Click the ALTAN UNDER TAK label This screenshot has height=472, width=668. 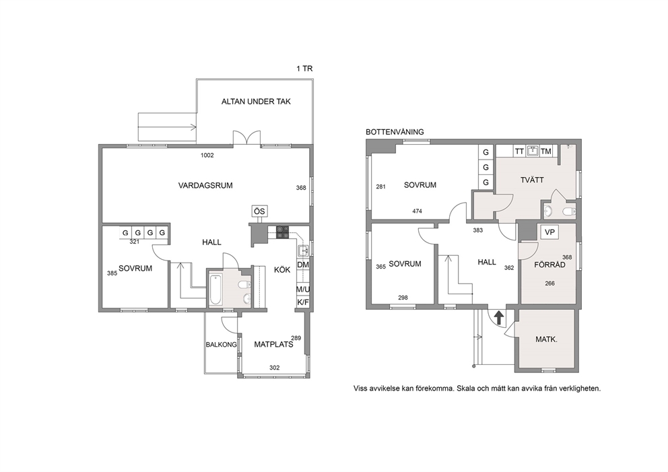[x=256, y=102]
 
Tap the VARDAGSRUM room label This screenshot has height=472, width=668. [x=205, y=185]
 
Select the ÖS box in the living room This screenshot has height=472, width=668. [x=259, y=211]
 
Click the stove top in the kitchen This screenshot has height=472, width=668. [x=282, y=232]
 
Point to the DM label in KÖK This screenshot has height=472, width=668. [x=303, y=265]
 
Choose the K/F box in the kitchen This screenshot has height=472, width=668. [x=303, y=302]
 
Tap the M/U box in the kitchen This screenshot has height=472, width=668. [x=303, y=290]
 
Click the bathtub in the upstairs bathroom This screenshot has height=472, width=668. [x=215, y=290]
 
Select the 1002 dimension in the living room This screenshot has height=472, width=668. [x=207, y=155]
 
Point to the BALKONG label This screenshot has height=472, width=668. [x=221, y=345]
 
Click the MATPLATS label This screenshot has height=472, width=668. [x=273, y=344]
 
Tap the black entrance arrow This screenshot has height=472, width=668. [x=498, y=318]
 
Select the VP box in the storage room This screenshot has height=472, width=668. [x=549, y=232]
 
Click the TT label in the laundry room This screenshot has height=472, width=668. [x=519, y=151]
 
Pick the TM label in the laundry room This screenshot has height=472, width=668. [x=545, y=151]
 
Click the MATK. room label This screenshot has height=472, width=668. [x=546, y=339]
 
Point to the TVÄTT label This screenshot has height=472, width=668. [x=532, y=180]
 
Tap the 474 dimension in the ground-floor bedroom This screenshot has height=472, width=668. [x=417, y=211]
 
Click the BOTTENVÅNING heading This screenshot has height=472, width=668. [x=395, y=132]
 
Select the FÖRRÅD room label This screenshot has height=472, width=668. [x=549, y=265]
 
